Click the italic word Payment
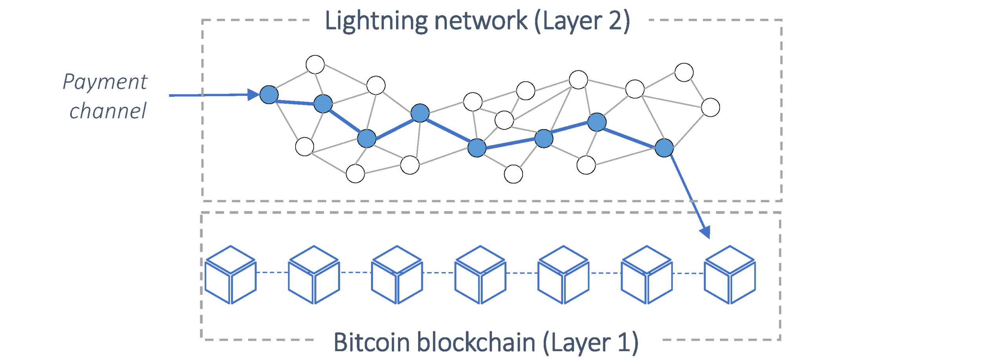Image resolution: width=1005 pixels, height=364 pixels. tap(105, 82)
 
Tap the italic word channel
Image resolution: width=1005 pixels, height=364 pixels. tap(108, 111)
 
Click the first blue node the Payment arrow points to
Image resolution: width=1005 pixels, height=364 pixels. tap(269, 95)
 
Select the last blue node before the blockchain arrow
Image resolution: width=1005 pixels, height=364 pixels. tap(664, 148)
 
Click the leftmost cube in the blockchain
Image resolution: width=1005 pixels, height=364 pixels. tap(231, 274)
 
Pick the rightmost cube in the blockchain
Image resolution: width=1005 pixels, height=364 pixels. tap(729, 274)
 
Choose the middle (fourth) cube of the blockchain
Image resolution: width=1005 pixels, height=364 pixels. tap(480, 274)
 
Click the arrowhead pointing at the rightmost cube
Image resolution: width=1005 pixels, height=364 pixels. tap(705, 232)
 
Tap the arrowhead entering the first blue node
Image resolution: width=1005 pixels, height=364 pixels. tap(254, 95)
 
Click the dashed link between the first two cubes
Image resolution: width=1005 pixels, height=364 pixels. tap(272, 272)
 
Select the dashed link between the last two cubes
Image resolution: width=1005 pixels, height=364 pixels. tap(688, 273)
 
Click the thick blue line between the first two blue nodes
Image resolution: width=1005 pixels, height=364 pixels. tap(295, 102)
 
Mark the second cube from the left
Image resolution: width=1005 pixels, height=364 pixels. tap(314, 274)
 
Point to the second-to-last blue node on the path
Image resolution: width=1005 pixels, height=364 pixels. tap(597, 122)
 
